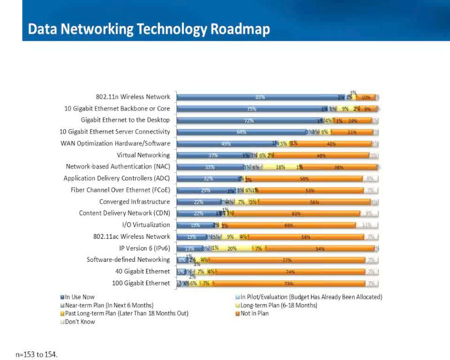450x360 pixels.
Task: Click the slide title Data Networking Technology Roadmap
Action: tap(149, 29)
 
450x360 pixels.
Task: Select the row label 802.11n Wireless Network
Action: tap(133, 97)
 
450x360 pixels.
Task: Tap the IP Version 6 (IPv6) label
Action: tap(141, 248)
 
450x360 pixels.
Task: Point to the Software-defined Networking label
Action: tap(128, 259)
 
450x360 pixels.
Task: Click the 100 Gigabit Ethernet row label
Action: tap(141, 283)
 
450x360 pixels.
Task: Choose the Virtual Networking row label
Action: tap(143, 155)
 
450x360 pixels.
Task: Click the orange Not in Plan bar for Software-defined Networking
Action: tap(287, 260)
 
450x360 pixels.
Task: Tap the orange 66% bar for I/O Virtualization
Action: tap(288, 225)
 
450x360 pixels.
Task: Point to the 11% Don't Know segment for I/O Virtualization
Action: tap(367, 225)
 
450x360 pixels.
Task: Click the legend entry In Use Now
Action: tap(79, 297)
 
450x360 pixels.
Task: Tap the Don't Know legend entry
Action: tap(80, 321)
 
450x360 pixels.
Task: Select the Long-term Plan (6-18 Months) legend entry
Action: tap(279, 305)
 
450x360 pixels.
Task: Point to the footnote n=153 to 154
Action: tap(37, 355)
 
